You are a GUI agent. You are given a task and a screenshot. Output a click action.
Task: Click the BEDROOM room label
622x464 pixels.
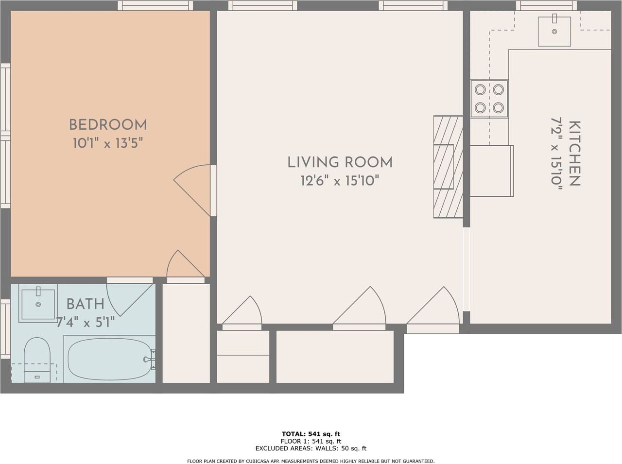tap(108, 125)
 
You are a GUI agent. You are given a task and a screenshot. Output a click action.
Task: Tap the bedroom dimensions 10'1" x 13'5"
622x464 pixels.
tap(108, 143)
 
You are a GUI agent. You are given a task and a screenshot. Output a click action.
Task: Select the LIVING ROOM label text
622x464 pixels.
tap(340, 162)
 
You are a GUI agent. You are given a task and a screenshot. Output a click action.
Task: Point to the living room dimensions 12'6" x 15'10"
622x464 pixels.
tap(340, 180)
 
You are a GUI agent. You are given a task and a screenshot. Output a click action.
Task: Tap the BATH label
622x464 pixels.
tap(86, 304)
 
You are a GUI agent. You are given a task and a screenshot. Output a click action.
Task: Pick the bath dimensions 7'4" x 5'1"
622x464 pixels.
tap(86, 322)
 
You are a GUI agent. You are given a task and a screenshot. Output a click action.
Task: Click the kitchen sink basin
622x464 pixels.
tap(554, 31)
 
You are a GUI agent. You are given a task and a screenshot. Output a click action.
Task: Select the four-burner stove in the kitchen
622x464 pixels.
tap(489, 99)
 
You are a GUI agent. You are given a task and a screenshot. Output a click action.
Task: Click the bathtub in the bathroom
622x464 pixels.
tap(109, 359)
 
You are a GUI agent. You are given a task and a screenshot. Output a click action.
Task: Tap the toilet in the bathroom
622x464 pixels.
tap(37, 360)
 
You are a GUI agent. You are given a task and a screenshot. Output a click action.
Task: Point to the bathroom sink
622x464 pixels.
tap(38, 303)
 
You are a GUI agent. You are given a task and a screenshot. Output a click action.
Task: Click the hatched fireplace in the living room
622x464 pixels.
tap(448, 167)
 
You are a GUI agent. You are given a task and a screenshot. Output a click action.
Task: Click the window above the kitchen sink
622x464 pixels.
tap(546, 5)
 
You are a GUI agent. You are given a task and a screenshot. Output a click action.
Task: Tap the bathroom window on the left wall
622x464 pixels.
tap(5, 329)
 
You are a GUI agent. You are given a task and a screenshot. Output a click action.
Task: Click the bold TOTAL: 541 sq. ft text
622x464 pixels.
tap(311, 434)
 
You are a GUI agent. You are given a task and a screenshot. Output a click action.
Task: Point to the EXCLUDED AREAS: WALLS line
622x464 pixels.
tap(311, 448)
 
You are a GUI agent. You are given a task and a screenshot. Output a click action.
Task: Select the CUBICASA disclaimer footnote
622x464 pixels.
tap(311, 462)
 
